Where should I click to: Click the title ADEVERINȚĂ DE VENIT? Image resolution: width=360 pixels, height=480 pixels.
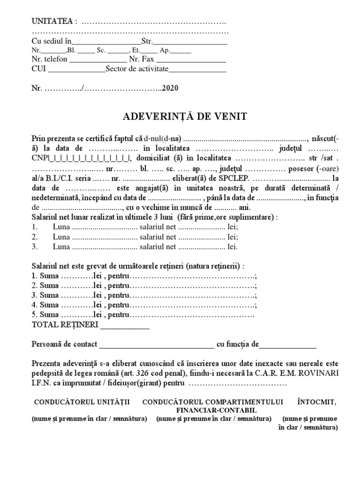click(180, 115)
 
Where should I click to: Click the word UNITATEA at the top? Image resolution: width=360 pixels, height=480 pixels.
click(52, 22)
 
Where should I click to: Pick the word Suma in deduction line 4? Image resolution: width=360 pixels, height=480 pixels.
click(49, 305)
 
